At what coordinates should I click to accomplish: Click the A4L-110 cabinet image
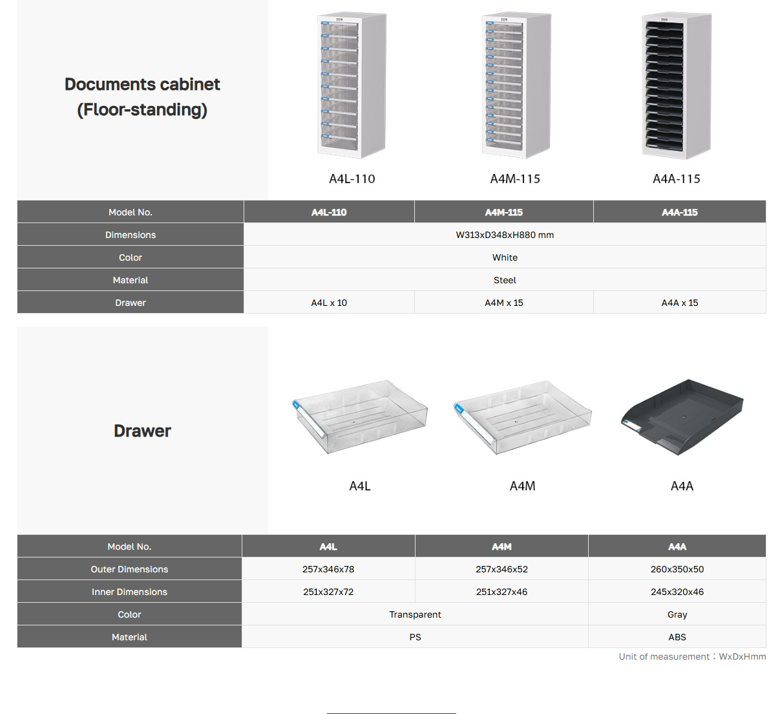coord(352,85)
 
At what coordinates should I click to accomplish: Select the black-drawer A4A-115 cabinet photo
coord(677,85)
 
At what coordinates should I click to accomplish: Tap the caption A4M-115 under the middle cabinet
coord(515,179)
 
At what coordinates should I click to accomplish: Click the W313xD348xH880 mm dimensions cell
coord(505,235)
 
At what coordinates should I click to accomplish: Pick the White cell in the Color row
coord(505,257)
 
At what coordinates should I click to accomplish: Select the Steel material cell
coord(505,280)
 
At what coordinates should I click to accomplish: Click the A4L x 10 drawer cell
coord(329,303)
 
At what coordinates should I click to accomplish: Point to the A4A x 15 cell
coord(679,303)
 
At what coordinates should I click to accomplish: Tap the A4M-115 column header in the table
coord(503,212)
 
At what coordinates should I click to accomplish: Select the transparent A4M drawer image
coord(522,417)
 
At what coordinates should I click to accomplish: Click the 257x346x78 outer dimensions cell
coord(328,569)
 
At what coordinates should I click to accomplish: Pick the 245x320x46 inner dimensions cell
coord(677,592)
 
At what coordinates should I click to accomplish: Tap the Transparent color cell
coord(415,614)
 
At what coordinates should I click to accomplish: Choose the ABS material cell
coord(677,637)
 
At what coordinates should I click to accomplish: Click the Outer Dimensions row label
coord(129,569)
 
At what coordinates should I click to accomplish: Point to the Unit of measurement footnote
coord(692,656)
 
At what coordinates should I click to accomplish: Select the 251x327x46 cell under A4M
coord(501,592)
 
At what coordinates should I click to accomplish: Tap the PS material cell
coord(415,637)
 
